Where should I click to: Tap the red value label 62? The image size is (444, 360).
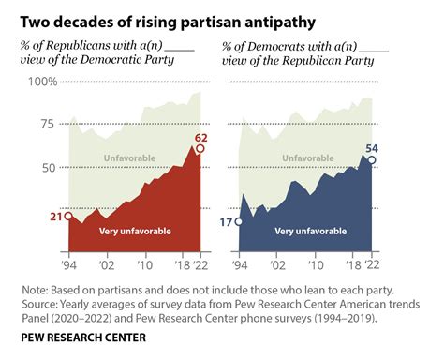pyautogui.click(x=200, y=138)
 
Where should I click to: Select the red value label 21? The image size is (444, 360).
pyautogui.click(x=54, y=217)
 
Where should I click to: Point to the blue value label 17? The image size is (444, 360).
pyautogui.click(x=226, y=222)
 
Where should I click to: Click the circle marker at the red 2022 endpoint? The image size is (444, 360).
pyautogui.click(x=200, y=149)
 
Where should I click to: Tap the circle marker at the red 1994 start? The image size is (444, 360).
pyautogui.click(x=68, y=217)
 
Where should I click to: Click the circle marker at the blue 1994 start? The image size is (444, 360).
pyautogui.click(x=240, y=222)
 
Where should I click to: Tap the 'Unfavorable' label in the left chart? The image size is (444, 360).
pyautogui.click(x=129, y=157)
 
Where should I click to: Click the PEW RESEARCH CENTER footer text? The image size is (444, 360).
pyautogui.click(x=81, y=335)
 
